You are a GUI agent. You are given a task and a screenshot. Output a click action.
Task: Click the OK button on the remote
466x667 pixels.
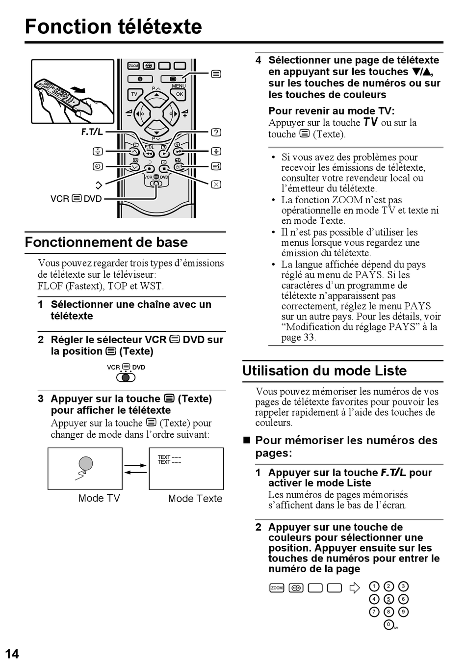click(180, 94)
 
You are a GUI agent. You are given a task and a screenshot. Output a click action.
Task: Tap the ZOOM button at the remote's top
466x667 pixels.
click(133, 66)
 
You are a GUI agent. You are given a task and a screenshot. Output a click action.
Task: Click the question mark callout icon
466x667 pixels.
click(216, 132)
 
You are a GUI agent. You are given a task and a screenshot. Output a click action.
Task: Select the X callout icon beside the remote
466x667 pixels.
click(216, 185)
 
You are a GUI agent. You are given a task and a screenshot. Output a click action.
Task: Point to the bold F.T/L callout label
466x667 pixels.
click(92, 132)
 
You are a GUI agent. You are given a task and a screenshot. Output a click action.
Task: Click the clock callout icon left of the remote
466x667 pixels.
click(97, 167)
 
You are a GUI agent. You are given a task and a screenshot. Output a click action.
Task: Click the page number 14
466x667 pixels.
click(12, 654)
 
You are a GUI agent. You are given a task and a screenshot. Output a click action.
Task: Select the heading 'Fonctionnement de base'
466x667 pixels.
click(106, 242)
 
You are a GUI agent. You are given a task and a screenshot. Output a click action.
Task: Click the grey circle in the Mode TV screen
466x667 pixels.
click(86, 463)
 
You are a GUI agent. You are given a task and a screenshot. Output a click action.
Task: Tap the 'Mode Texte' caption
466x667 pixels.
click(195, 499)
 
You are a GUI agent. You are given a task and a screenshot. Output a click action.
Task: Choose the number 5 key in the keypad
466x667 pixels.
click(388, 599)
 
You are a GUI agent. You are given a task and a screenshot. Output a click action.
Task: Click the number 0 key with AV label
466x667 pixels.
click(389, 624)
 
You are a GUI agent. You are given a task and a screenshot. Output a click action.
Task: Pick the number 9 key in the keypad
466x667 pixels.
click(403, 612)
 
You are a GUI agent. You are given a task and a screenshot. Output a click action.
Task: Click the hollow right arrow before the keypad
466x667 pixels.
click(354, 587)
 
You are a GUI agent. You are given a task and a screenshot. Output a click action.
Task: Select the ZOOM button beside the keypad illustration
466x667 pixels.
click(277, 587)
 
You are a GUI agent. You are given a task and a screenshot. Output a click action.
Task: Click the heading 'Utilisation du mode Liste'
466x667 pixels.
click(325, 371)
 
